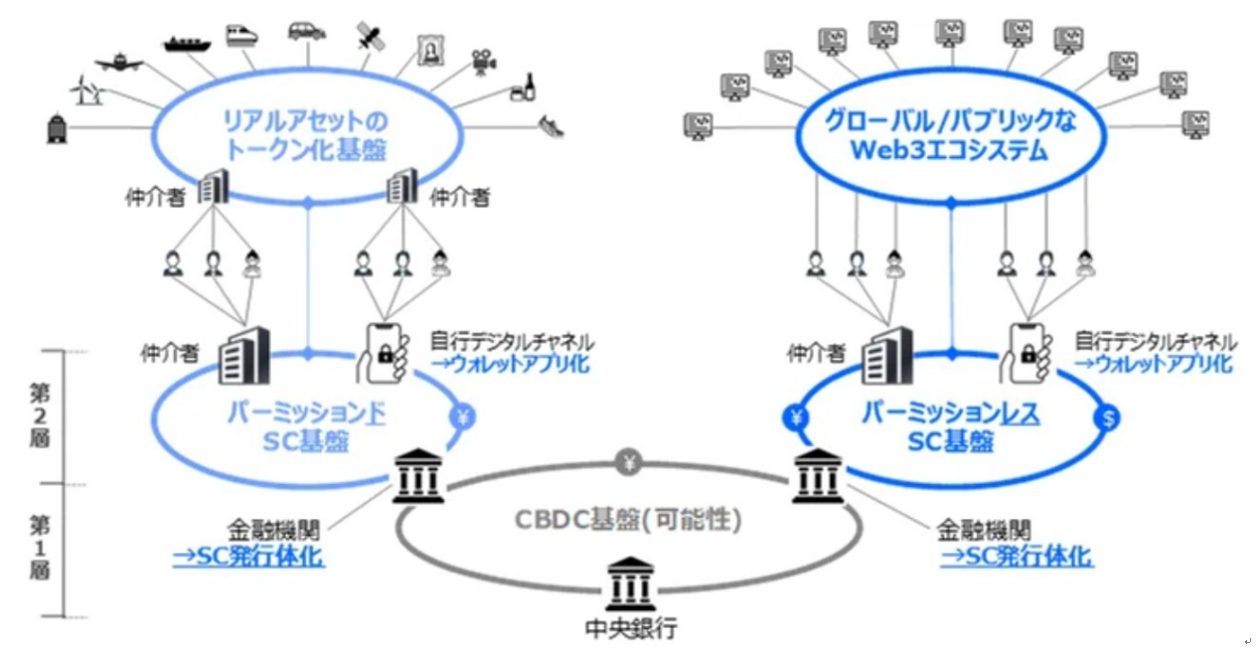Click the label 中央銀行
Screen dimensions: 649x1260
click(x=631, y=628)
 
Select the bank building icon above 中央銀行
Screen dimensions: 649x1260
click(x=631, y=581)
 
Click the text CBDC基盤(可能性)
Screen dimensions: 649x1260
click(x=629, y=520)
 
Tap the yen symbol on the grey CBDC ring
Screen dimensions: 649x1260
click(x=629, y=460)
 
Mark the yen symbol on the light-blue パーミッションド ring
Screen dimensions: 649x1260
click(x=462, y=418)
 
